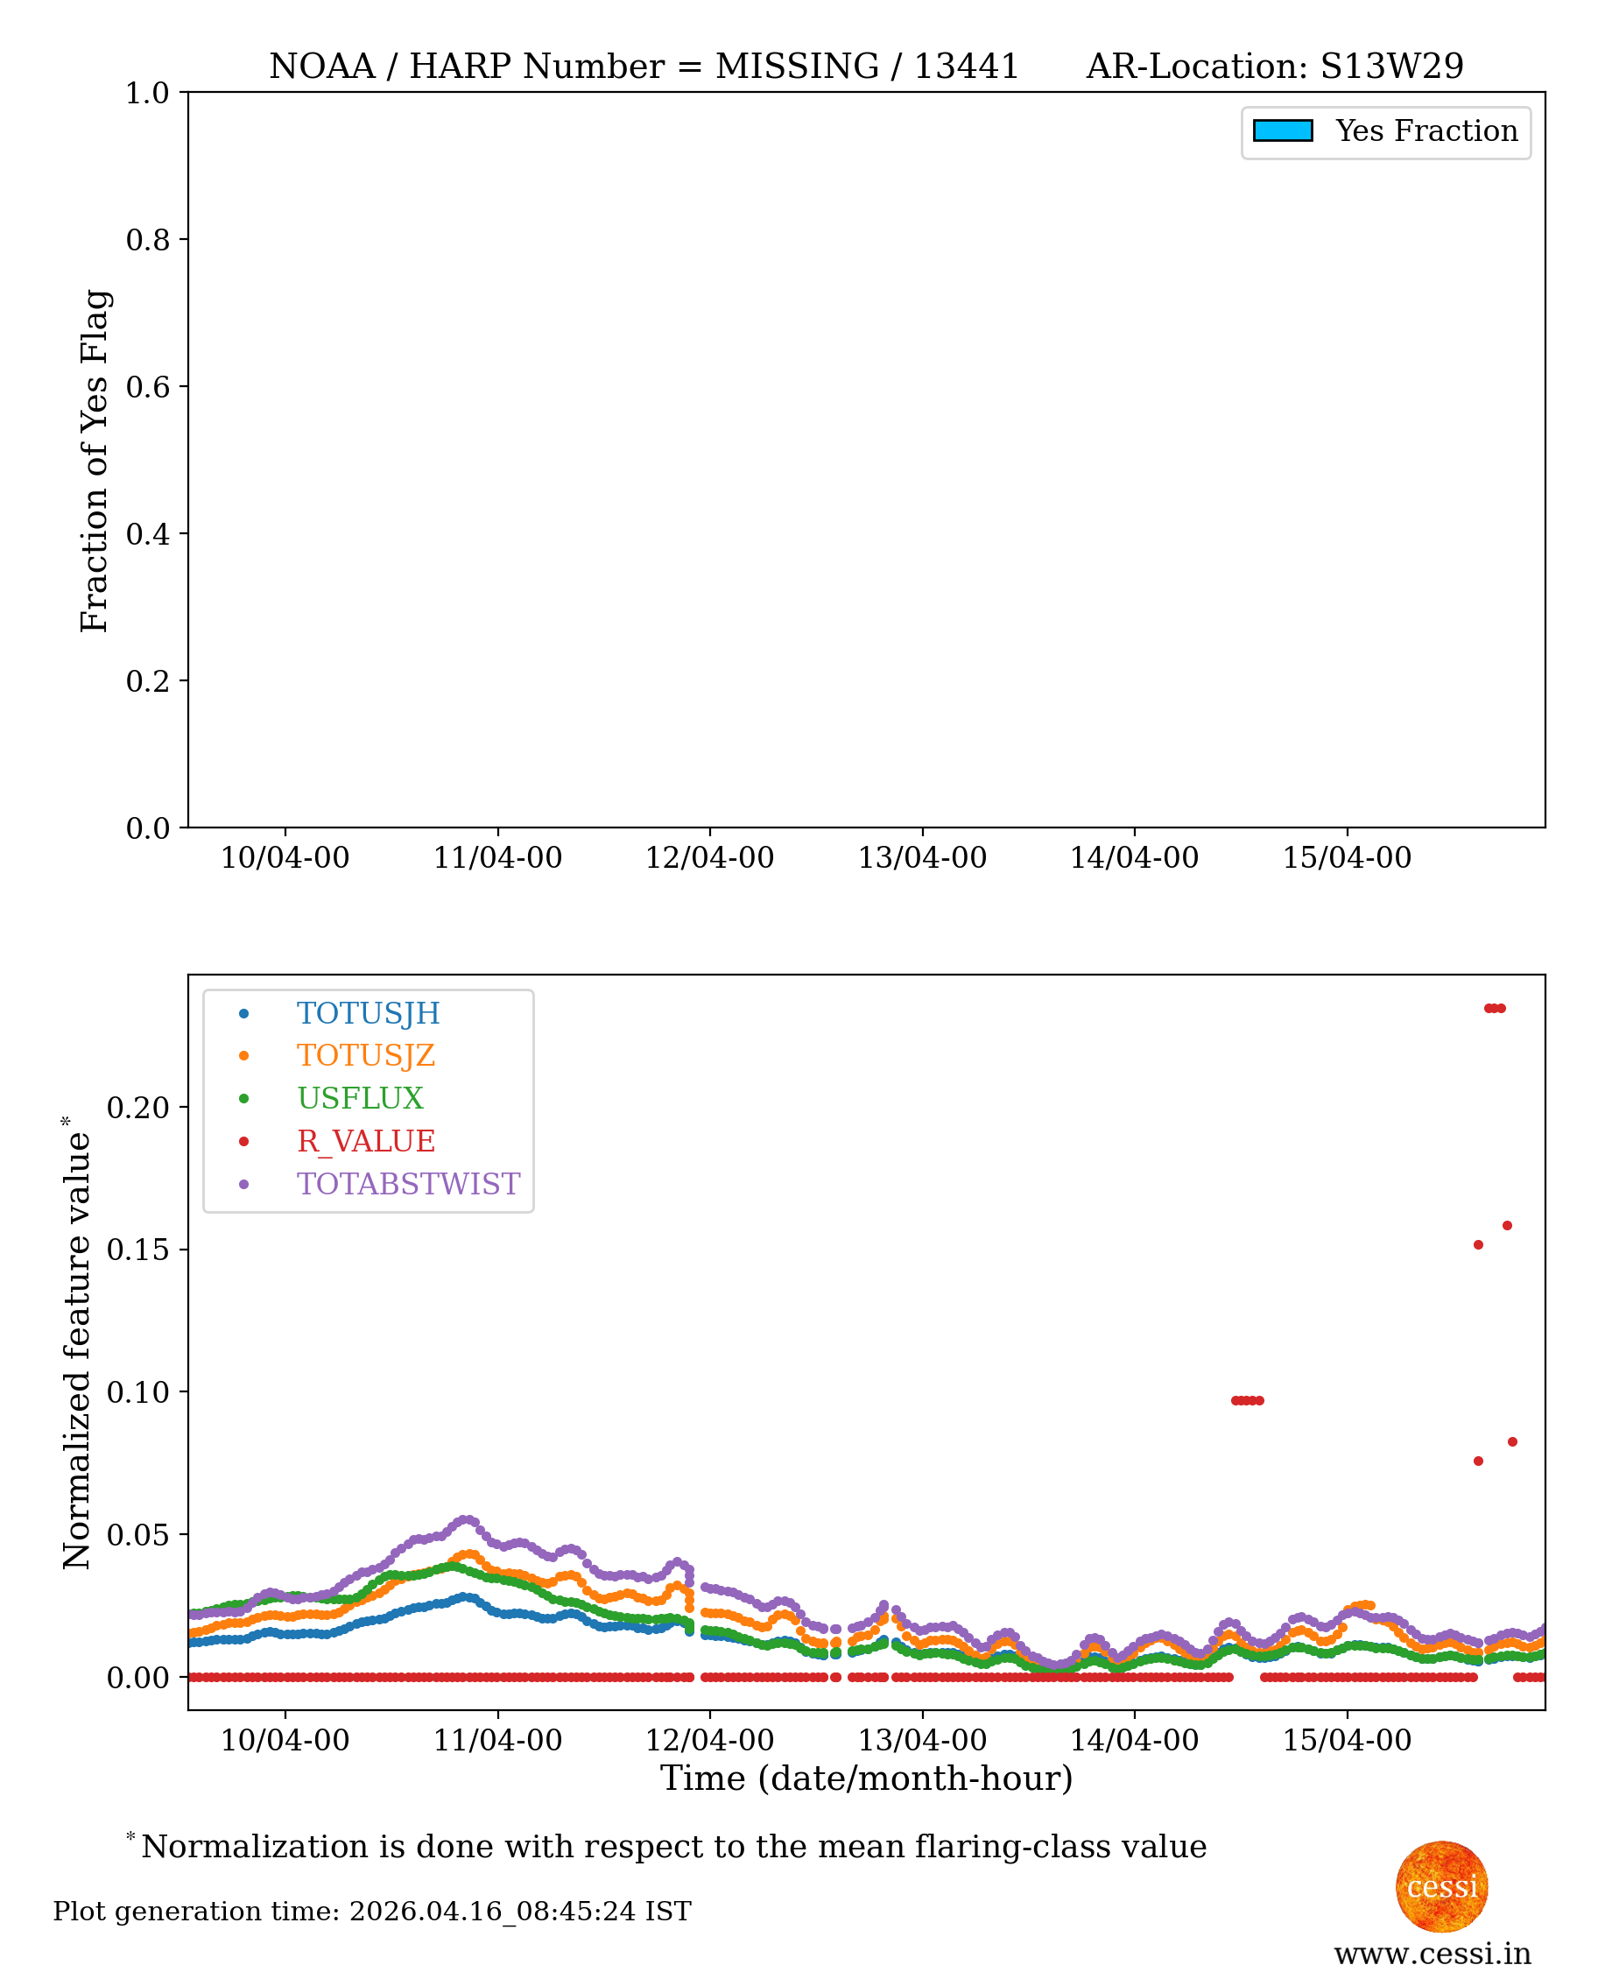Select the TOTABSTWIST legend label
408,1184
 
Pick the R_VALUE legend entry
365,1141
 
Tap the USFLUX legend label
360,1098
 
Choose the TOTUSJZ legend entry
365,1056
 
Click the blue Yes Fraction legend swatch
1282,130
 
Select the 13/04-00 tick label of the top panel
922,858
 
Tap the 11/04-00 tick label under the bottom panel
498,1741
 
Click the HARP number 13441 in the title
966,67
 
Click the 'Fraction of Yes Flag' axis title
95,461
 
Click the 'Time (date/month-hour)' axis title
866,1778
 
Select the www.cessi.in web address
1433,1954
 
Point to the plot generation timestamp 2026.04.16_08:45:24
492,1912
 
